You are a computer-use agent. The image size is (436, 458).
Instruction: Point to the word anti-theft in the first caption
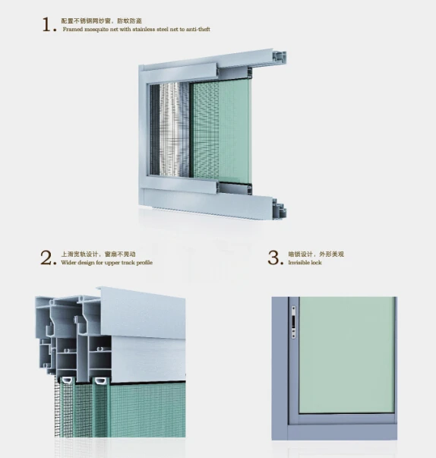pyautogui.click(x=196, y=30)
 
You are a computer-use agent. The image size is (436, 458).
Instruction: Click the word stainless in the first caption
pyautogui.click(x=144, y=30)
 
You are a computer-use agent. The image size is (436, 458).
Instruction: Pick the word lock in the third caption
pyautogui.click(x=317, y=262)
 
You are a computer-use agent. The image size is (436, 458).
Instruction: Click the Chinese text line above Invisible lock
pyautogui.click(x=311, y=254)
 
